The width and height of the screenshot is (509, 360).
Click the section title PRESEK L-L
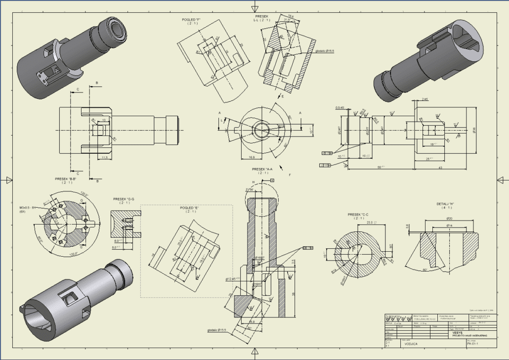tap(257, 18)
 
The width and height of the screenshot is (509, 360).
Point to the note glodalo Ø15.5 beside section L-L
tap(325, 51)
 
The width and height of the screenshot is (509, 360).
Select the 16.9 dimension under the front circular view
tap(252, 157)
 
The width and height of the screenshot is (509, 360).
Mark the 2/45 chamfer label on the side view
tap(425, 99)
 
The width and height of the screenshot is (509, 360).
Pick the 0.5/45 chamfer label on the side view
tap(339, 107)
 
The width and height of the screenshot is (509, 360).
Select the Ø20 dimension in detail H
tap(449, 218)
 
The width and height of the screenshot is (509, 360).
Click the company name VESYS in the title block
tap(458, 333)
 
